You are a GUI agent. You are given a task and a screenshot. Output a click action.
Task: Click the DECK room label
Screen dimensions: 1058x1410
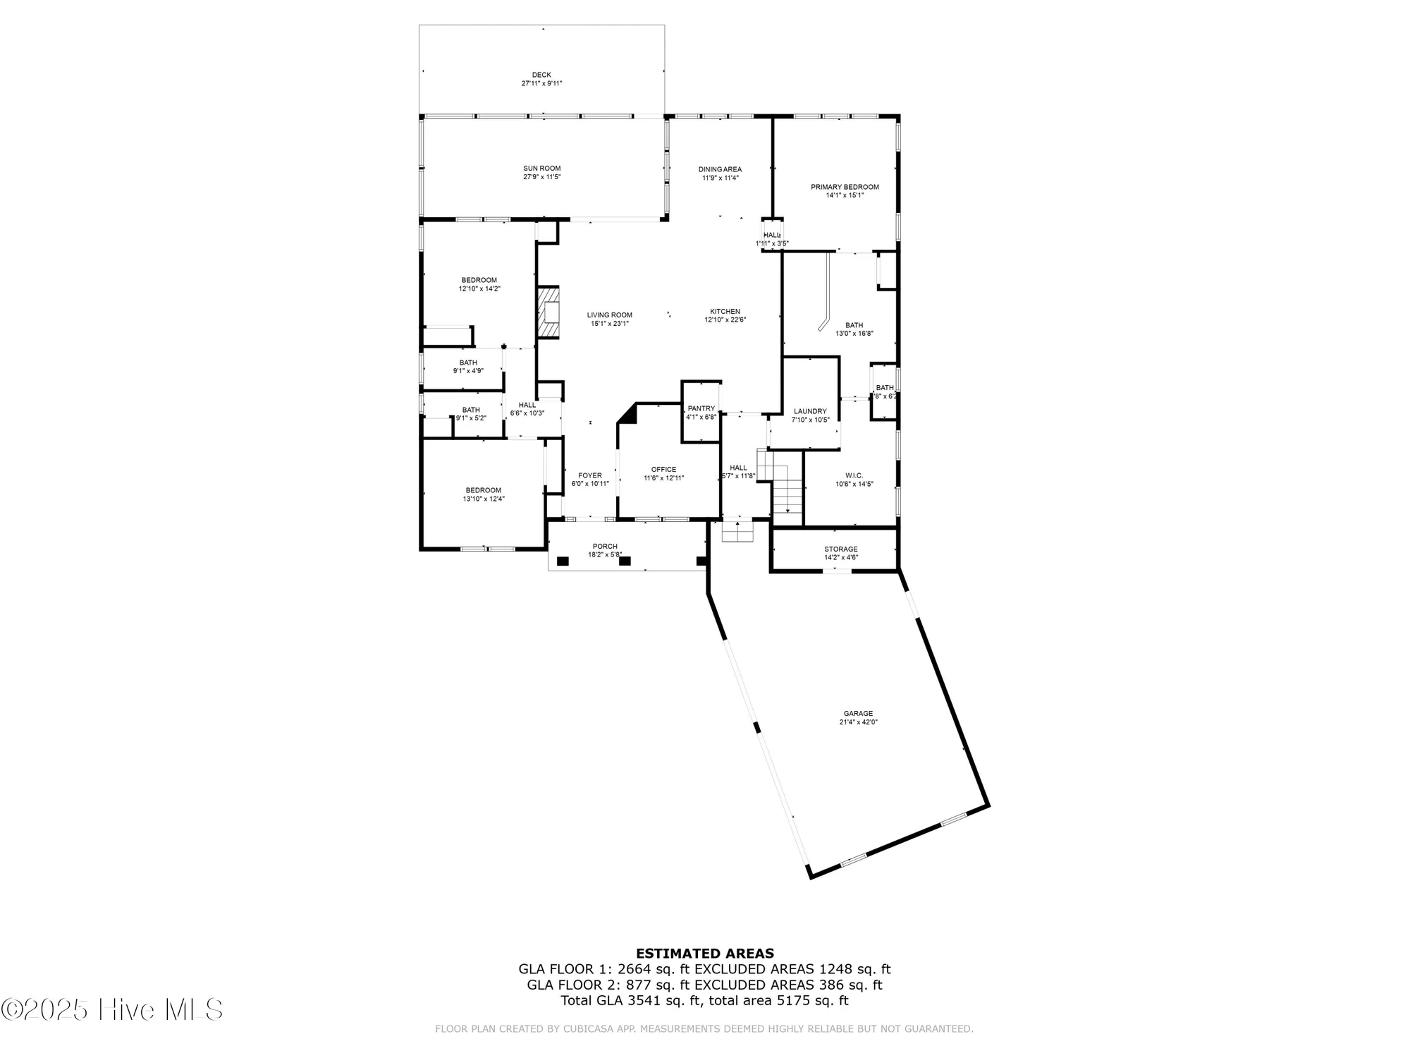(541, 75)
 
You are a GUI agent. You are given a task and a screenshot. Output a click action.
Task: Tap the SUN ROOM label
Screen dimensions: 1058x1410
(541, 169)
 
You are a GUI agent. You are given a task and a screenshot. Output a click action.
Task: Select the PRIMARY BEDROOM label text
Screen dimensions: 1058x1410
(845, 187)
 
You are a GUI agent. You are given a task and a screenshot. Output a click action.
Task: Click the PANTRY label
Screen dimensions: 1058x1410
(701, 408)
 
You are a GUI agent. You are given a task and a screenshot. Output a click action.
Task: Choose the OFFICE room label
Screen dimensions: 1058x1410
(663, 470)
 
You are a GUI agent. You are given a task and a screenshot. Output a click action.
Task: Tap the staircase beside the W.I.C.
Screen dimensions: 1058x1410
(787, 487)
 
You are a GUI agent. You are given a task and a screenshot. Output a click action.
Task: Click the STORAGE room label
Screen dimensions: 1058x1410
(841, 549)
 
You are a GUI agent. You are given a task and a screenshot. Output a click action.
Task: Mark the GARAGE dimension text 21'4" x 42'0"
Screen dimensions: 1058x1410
(858, 722)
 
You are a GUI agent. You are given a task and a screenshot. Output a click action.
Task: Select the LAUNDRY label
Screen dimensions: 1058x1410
(810, 411)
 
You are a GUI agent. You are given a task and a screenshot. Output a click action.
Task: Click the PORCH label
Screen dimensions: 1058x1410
(605, 547)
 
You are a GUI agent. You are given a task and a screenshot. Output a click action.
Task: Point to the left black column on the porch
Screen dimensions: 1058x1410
(563, 561)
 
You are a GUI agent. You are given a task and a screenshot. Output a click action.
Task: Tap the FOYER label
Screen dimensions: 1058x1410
(590, 475)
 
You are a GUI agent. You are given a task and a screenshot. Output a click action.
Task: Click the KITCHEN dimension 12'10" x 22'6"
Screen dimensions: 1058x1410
(725, 320)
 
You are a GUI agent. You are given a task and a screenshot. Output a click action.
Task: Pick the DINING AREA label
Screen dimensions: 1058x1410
(720, 169)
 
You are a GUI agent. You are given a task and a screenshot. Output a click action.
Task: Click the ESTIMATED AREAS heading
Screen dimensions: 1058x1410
(704, 954)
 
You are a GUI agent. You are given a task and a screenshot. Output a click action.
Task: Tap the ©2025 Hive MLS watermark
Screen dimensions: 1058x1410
(113, 1009)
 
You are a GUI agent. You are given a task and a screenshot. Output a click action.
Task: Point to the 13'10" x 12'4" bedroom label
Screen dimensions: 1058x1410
(484, 499)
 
